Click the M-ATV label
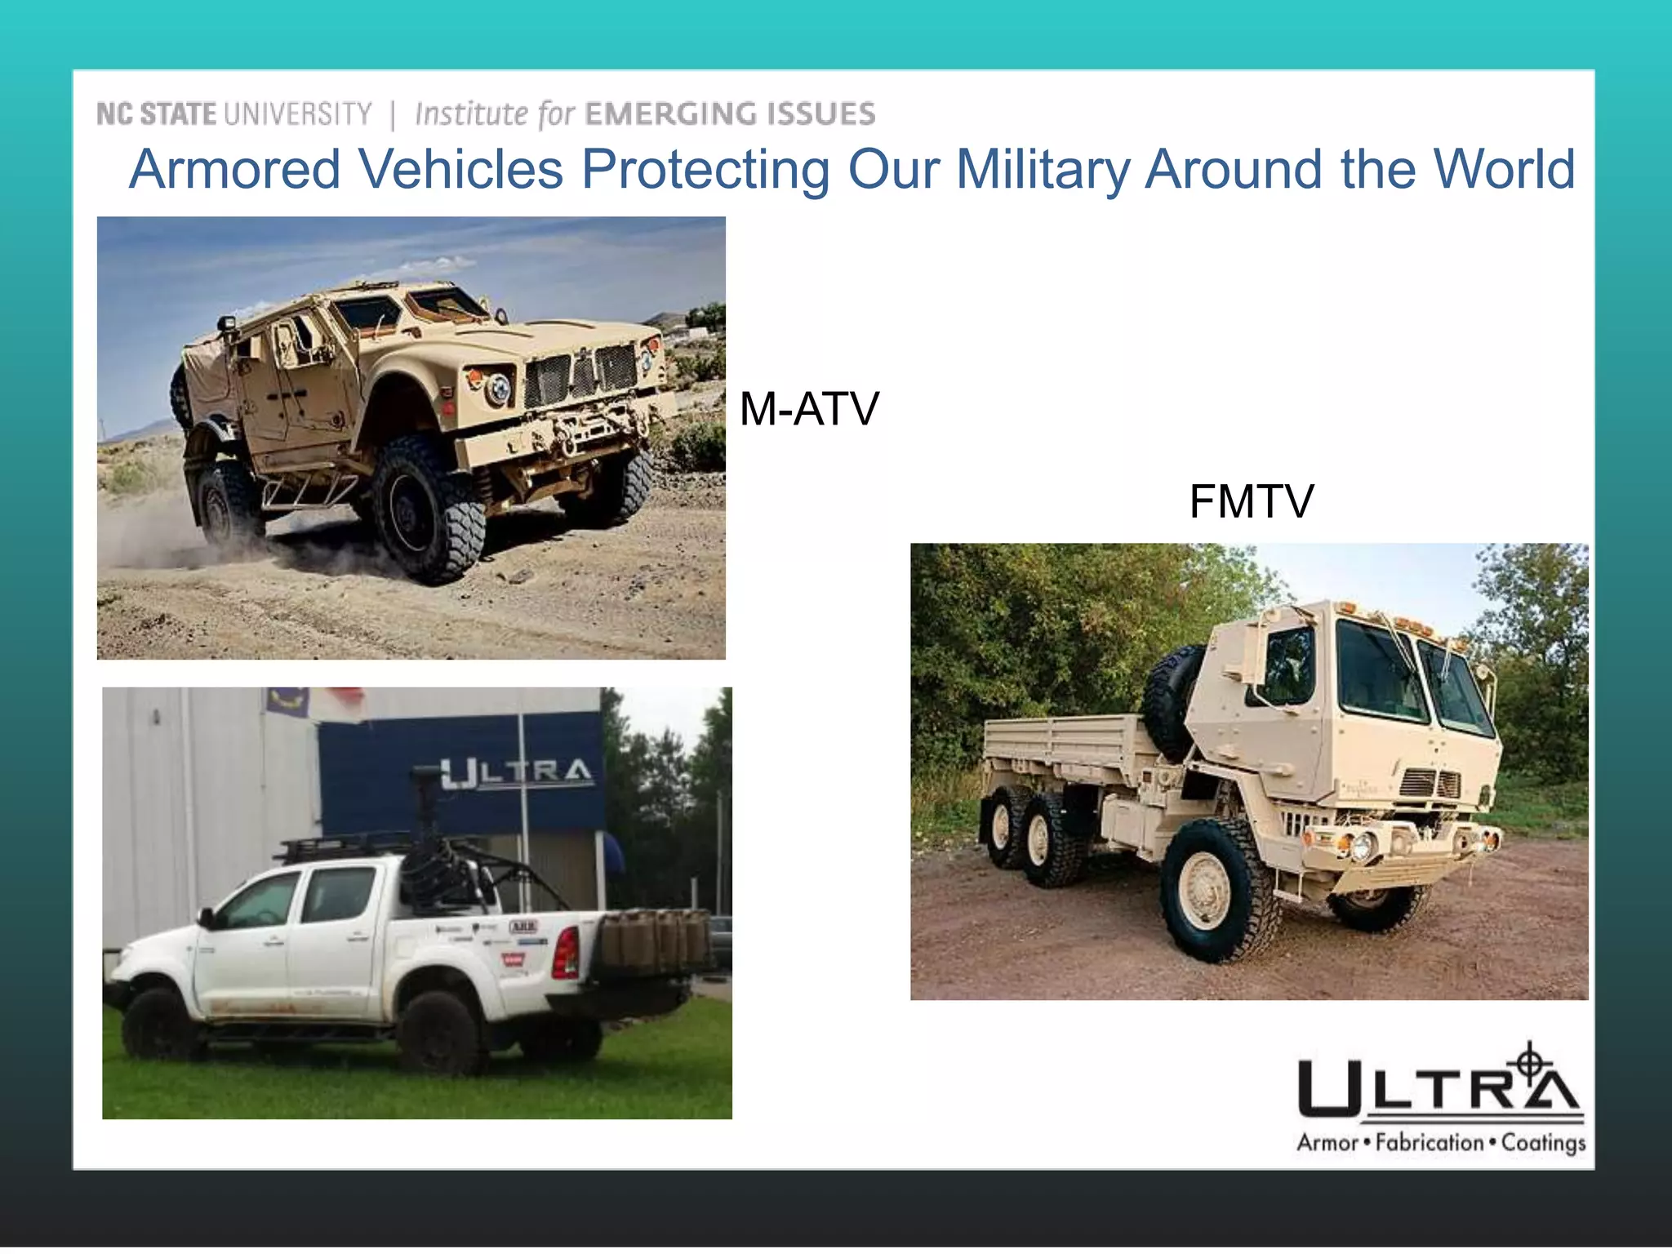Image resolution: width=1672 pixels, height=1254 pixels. point(808,409)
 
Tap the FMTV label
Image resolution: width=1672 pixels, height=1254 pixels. point(1251,501)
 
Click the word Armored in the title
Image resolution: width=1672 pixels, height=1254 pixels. point(235,169)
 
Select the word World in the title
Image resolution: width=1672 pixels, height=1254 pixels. point(1505,169)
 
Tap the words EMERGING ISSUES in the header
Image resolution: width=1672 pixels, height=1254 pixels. point(730,114)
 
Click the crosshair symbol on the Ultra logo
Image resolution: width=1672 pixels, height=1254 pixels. point(1531,1063)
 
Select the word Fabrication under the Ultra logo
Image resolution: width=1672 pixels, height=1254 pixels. point(1429,1142)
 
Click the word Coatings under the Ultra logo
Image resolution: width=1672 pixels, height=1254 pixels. point(1543,1143)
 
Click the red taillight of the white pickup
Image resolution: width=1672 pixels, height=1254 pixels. point(566,952)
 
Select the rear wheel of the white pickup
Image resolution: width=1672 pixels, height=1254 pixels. point(439,1031)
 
